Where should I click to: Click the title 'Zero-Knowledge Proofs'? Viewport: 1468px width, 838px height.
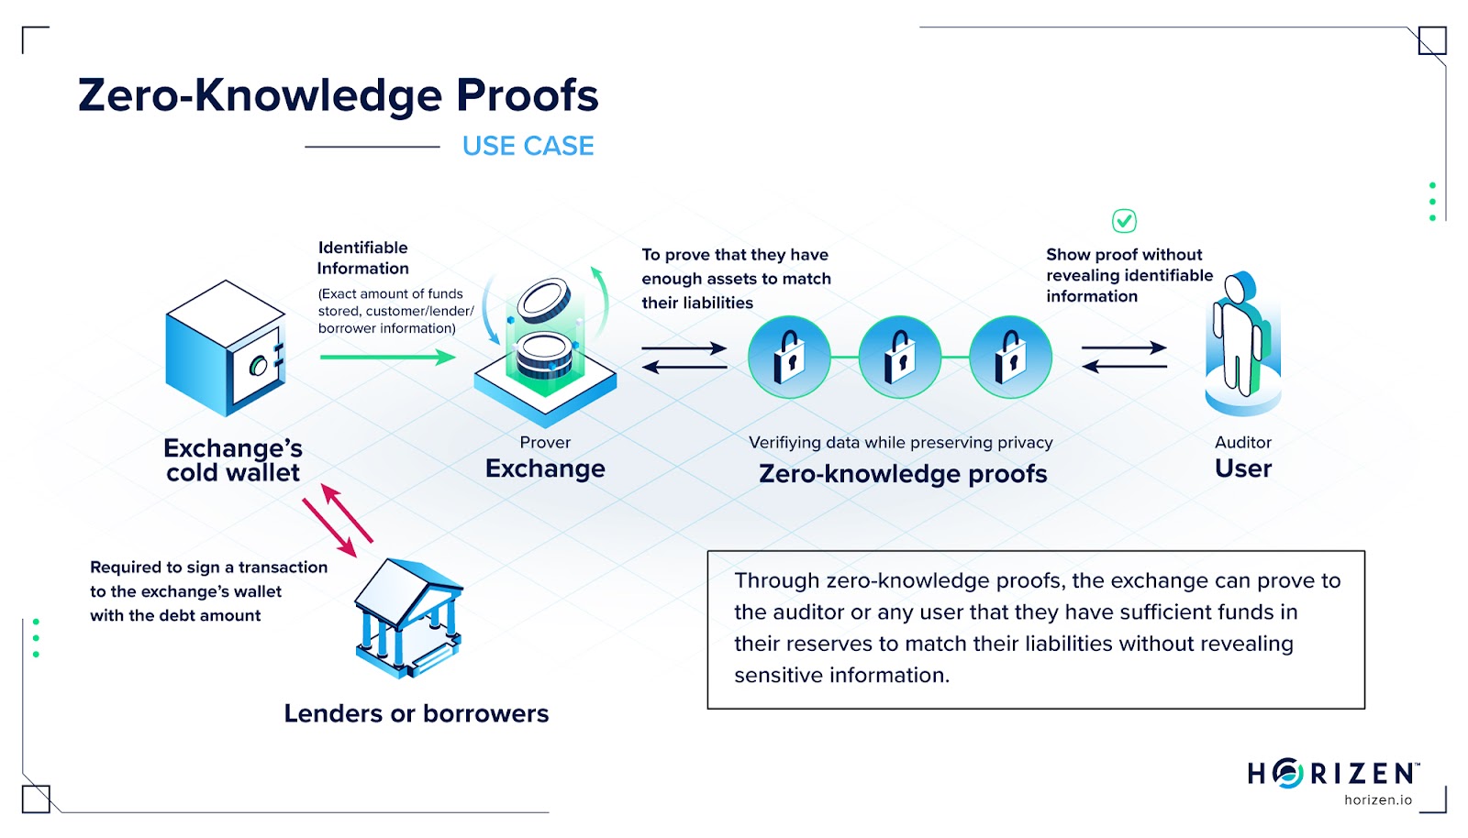coord(338,95)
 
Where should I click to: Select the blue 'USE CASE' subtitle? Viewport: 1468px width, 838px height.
coord(528,146)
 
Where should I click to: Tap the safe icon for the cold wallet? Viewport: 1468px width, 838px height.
coord(226,347)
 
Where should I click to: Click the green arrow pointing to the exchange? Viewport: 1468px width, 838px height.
coord(387,357)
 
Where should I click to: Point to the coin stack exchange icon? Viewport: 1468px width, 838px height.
coord(545,348)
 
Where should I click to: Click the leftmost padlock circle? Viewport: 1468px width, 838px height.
coord(789,357)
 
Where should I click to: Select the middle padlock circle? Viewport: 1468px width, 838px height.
coord(900,357)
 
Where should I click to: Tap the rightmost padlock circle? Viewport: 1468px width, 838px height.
coord(1010,357)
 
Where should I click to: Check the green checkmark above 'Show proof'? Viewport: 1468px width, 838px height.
coord(1124,221)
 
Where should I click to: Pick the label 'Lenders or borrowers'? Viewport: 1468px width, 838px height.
coord(416,713)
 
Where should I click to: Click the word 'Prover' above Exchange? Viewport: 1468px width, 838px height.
coord(545,442)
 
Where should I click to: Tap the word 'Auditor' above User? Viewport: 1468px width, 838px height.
coord(1243,442)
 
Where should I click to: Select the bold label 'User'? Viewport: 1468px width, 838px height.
coord(1243,469)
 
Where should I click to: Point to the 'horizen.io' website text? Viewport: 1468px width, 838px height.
coord(1378,799)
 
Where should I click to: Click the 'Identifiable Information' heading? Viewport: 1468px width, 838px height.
coord(363,258)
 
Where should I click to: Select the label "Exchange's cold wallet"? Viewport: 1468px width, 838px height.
coord(233,460)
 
